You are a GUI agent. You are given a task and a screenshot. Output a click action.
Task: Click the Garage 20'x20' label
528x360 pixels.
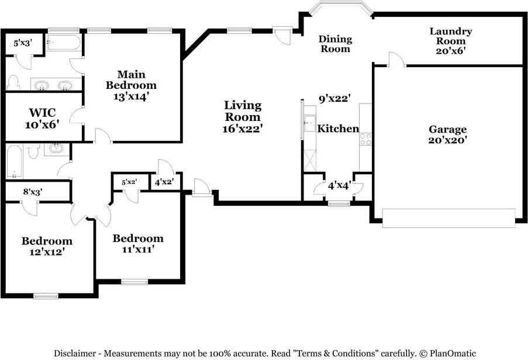pos(447,134)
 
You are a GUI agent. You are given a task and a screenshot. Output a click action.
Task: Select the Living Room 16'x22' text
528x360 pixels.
pos(243,117)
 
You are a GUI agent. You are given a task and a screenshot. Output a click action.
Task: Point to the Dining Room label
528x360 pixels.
pos(336,44)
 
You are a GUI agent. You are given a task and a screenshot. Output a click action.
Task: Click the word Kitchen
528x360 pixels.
pos(338,129)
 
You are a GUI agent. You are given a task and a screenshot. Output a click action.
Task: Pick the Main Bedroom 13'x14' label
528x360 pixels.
pos(132,85)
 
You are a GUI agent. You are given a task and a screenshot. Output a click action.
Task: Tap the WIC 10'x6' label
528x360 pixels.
pos(42,118)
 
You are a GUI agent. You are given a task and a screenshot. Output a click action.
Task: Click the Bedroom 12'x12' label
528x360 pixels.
pos(47,246)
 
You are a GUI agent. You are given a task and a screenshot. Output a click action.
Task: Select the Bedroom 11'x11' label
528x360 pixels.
pos(138,244)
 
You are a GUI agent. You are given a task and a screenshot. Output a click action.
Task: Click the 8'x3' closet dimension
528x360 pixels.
pos(33,192)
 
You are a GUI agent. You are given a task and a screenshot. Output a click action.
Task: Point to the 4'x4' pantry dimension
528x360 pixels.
pos(339,185)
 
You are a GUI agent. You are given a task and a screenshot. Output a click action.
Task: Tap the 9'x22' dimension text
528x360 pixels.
pos(335,99)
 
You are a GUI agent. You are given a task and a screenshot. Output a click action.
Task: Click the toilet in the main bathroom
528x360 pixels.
pos(13,82)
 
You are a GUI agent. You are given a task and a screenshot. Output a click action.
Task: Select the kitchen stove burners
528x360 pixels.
pos(365,139)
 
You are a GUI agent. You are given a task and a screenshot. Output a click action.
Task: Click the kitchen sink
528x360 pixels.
pos(309,123)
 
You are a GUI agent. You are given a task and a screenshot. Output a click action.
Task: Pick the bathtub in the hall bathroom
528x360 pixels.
pos(15,161)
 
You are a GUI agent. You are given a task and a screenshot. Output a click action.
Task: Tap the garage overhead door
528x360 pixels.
pos(449,218)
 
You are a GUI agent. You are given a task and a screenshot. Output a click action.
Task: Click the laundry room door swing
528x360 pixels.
pos(398,59)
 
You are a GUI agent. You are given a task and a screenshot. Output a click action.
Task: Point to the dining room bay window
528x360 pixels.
pos(341,8)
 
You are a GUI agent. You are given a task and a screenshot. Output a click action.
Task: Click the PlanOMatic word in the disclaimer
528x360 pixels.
pos(453,353)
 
